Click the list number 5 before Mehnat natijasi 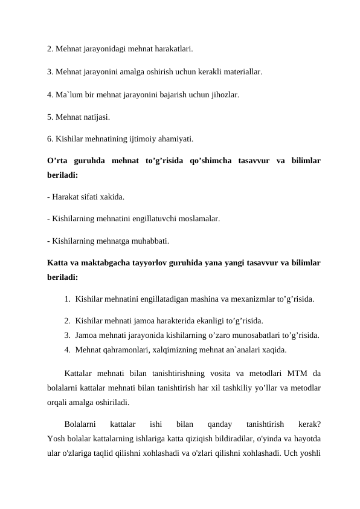50,117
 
